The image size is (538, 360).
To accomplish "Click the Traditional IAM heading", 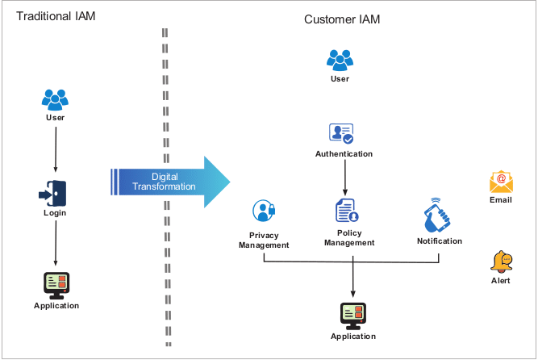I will pos(56,17).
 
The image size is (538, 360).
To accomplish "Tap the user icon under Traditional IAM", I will pos(55,99).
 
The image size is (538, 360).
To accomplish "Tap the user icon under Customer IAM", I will pos(340,60).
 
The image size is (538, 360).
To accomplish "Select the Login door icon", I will pos(54,195).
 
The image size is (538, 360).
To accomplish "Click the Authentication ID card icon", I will pos(341,134).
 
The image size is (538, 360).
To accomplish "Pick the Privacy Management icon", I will pos(264,211).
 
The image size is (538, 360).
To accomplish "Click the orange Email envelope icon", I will pos(501,181).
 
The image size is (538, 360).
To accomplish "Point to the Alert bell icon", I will pos(501,261).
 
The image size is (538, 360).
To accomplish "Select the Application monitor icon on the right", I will pos(352,316).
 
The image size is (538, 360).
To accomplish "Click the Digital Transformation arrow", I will pos(169,182).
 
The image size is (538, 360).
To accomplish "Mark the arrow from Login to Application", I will pos(55,243).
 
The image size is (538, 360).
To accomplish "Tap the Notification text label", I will pos(440,241).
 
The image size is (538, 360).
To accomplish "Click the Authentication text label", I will pos(344,153).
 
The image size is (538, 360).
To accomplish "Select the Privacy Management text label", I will pos(264,240).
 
